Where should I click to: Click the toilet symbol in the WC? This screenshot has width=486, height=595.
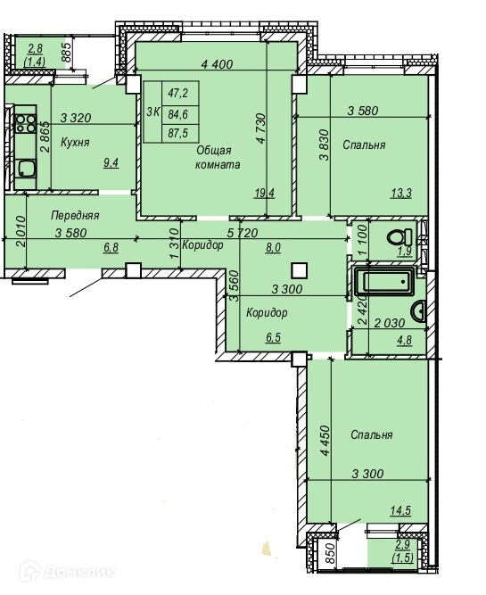pyautogui.click(x=400, y=237)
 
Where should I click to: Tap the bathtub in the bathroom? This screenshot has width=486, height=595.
pyautogui.click(x=384, y=281)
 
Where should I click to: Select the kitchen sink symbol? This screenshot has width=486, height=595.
pyautogui.click(x=26, y=169)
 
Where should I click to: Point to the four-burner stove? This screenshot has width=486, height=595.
pyautogui.click(x=26, y=123)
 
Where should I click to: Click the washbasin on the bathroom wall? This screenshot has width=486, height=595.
pyautogui.click(x=419, y=310)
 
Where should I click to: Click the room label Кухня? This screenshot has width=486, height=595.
pyautogui.click(x=75, y=143)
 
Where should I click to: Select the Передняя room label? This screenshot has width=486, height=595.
pyautogui.click(x=75, y=216)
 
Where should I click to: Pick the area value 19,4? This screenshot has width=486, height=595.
pyautogui.click(x=265, y=194)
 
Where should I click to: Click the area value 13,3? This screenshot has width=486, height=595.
pyautogui.click(x=401, y=194)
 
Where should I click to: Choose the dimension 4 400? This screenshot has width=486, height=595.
pyautogui.click(x=217, y=64)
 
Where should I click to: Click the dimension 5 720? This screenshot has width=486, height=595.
pyautogui.click(x=243, y=233)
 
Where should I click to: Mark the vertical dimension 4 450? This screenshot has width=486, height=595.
pyautogui.click(x=325, y=441)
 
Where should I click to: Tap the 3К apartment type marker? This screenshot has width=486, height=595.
pyautogui.click(x=152, y=112)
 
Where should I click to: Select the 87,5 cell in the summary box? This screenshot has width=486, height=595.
pyautogui.click(x=178, y=133)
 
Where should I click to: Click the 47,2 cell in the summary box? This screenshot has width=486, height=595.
pyautogui.click(x=178, y=93)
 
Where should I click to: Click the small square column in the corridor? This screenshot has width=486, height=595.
pyautogui.click(x=300, y=271)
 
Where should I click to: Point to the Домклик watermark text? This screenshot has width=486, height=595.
pyautogui.click(x=79, y=572)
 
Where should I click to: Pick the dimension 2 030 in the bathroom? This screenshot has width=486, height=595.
pyautogui.click(x=390, y=323)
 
